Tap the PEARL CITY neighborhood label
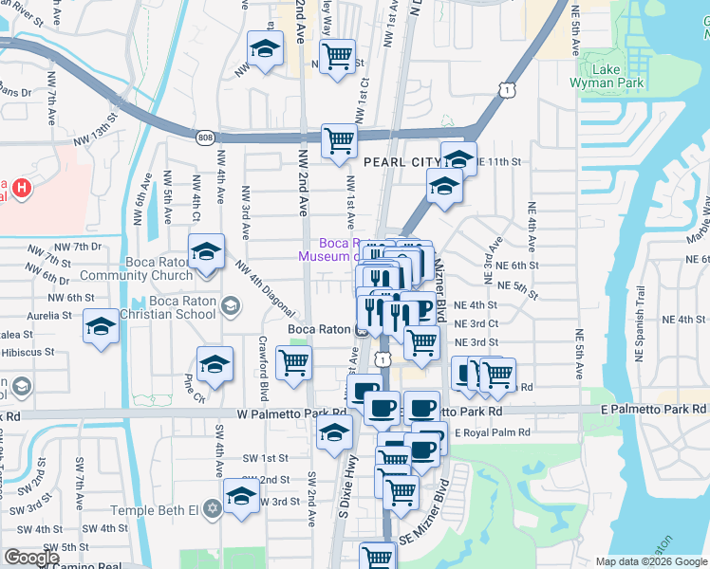[x=402, y=162]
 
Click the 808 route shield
[x=206, y=138]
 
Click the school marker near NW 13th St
[x=266, y=48]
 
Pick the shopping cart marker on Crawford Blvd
[x=294, y=361]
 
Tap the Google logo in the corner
[x=30, y=557]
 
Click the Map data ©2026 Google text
[x=650, y=561]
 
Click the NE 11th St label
[x=500, y=161]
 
